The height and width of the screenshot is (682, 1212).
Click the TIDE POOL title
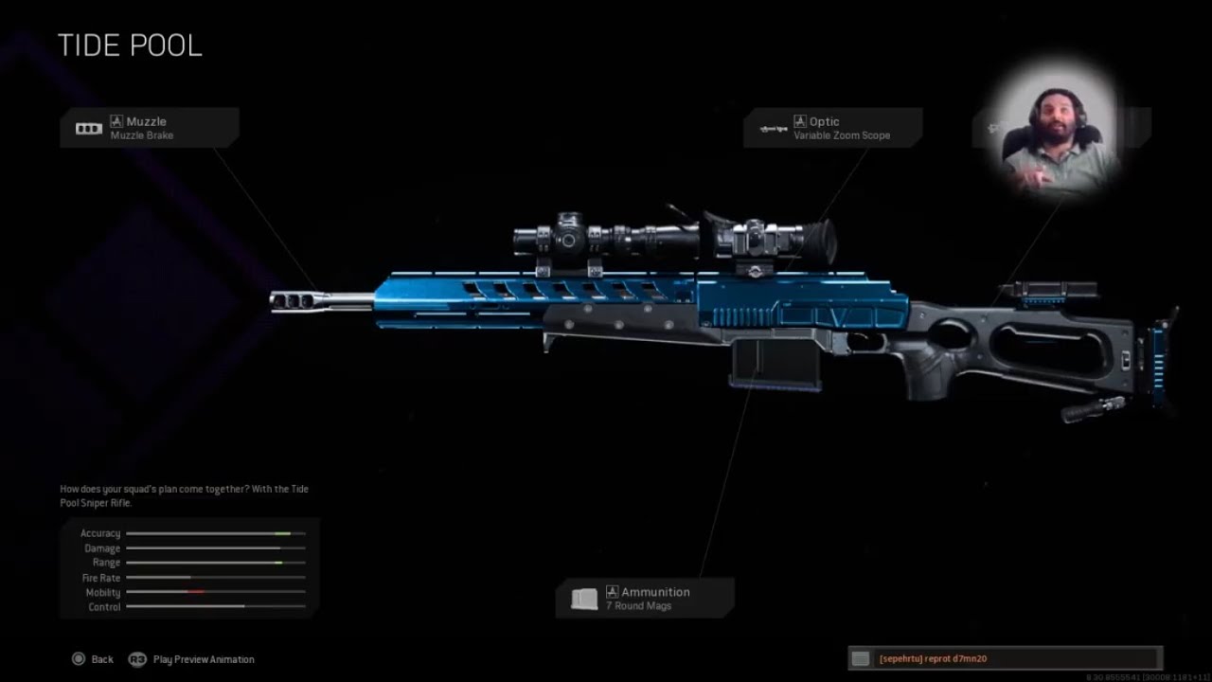coord(130,45)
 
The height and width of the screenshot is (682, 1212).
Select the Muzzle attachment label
coord(146,121)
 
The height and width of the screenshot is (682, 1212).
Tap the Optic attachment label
coord(824,121)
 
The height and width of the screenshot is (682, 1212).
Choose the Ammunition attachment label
coord(655,592)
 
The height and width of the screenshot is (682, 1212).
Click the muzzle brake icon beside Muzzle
coord(88,128)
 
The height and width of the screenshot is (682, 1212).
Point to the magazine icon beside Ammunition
coord(584,599)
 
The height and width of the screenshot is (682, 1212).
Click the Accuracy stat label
coord(100,533)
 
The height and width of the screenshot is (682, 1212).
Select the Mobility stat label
coord(102,592)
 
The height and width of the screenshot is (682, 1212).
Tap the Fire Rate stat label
coord(101,578)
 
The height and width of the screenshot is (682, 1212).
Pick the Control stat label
coord(104,607)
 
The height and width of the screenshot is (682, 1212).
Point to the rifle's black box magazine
coord(775,364)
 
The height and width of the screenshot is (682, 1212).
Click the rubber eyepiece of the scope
coord(821,241)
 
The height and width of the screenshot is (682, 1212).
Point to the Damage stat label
coord(102,548)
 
